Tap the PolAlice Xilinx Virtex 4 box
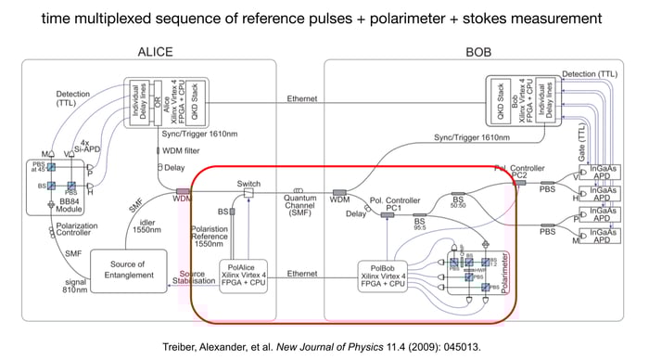239,276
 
